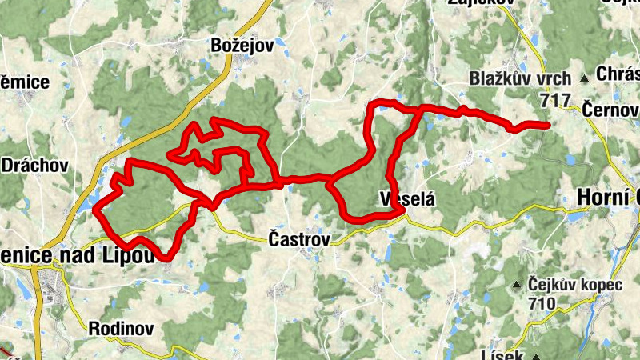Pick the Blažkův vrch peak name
[x=520, y=78]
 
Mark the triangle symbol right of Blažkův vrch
[x=584, y=78]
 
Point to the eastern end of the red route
[x=547, y=125]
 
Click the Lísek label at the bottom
[x=502, y=354]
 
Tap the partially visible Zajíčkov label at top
[x=481, y=3]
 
